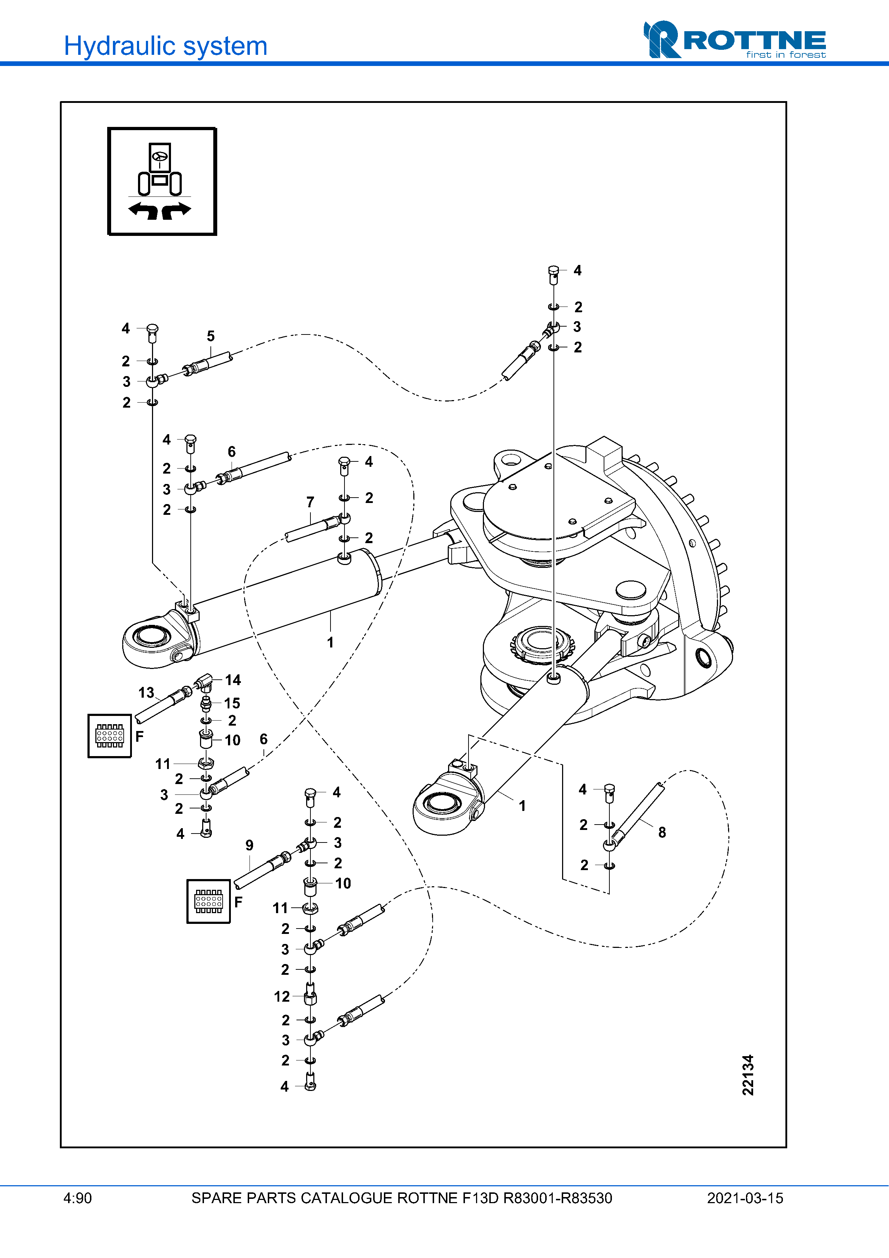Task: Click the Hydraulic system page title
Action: point(165,46)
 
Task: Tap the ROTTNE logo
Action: point(735,40)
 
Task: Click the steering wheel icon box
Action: point(162,181)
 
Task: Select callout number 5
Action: point(211,336)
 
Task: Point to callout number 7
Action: point(310,502)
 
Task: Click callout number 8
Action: point(662,832)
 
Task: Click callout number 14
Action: point(233,680)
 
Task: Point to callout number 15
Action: point(232,703)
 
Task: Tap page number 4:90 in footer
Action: point(78,1198)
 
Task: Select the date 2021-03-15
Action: point(745,1198)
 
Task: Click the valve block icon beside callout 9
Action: point(209,901)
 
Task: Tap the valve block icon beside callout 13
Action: point(110,736)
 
